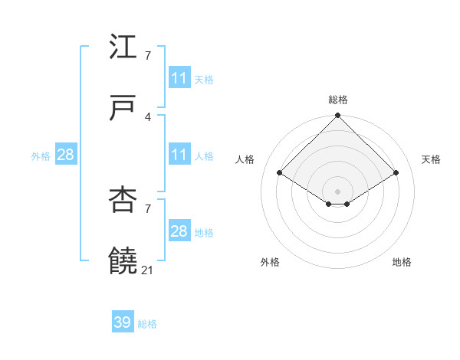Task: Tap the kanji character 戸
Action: pos(123,109)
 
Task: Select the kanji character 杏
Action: pos(123,201)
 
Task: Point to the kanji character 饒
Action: pos(123,261)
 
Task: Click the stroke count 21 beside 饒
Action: pos(148,270)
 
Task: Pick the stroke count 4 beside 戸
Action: pos(148,116)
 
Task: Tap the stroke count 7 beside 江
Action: pos(148,55)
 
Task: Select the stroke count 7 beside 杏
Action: pos(148,208)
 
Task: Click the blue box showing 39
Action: pos(123,322)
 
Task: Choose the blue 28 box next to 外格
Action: pos(66,155)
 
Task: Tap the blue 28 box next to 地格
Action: pos(179,231)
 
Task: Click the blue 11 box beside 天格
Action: pos(179,78)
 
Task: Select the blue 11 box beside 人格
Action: pos(179,155)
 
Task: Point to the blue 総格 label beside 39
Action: pos(147,324)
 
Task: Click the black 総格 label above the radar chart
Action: pos(338,100)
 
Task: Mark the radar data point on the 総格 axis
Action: pos(338,116)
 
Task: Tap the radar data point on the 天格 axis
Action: pos(396,173)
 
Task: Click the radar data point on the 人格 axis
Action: pos(280,173)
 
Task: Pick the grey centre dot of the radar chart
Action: pos(338,191)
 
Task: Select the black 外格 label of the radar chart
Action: pos(270,262)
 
